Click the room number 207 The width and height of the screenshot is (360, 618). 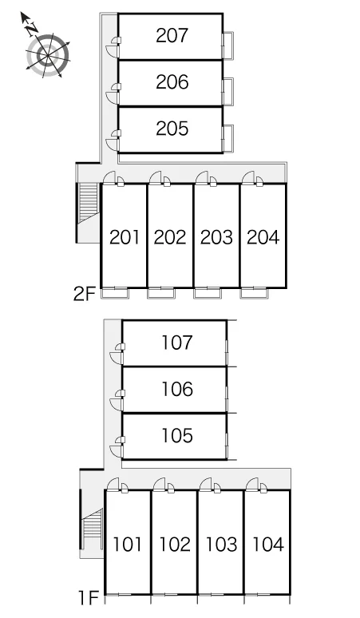(x=172, y=35)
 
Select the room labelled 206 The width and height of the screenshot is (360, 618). (x=172, y=82)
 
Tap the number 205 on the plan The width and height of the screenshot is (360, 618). (x=172, y=129)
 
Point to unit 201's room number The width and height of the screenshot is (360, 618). (x=125, y=237)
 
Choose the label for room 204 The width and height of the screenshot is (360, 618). (x=263, y=237)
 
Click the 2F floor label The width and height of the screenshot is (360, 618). (x=85, y=294)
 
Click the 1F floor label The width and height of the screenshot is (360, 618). (x=89, y=598)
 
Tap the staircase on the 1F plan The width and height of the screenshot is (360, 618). (x=91, y=529)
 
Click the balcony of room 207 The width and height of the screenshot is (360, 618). (x=228, y=46)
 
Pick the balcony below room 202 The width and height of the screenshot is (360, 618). (x=160, y=294)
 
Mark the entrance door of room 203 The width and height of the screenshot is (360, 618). (x=202, y=178)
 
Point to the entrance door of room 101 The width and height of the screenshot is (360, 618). (x=113, y=485)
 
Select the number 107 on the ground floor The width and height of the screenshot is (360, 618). (x=177, y=343)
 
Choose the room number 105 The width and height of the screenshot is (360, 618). (x=177, y=435)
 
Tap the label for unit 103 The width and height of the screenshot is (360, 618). (x=221, y=545)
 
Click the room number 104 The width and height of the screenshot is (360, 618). (x=268, y=545)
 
